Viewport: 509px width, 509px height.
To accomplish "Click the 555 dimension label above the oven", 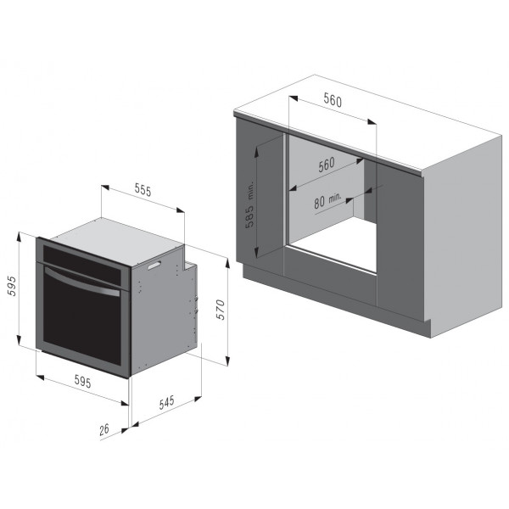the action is (x=143, y=190).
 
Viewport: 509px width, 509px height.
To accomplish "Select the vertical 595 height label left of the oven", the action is (x=12, y=286).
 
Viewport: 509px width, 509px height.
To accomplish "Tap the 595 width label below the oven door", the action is (x=83, y=381).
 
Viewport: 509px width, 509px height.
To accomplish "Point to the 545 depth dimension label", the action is (x=167, y=402).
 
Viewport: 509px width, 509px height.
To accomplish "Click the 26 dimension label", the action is (x=104, y=429).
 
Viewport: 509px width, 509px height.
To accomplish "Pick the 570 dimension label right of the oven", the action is (x=221, y=310).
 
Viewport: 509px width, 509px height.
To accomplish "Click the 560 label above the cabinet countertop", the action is (x=333, y=100).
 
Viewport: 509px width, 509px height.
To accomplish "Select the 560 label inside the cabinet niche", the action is (x=327, y=165).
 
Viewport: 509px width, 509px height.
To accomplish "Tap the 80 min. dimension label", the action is (x=327, y=200).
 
